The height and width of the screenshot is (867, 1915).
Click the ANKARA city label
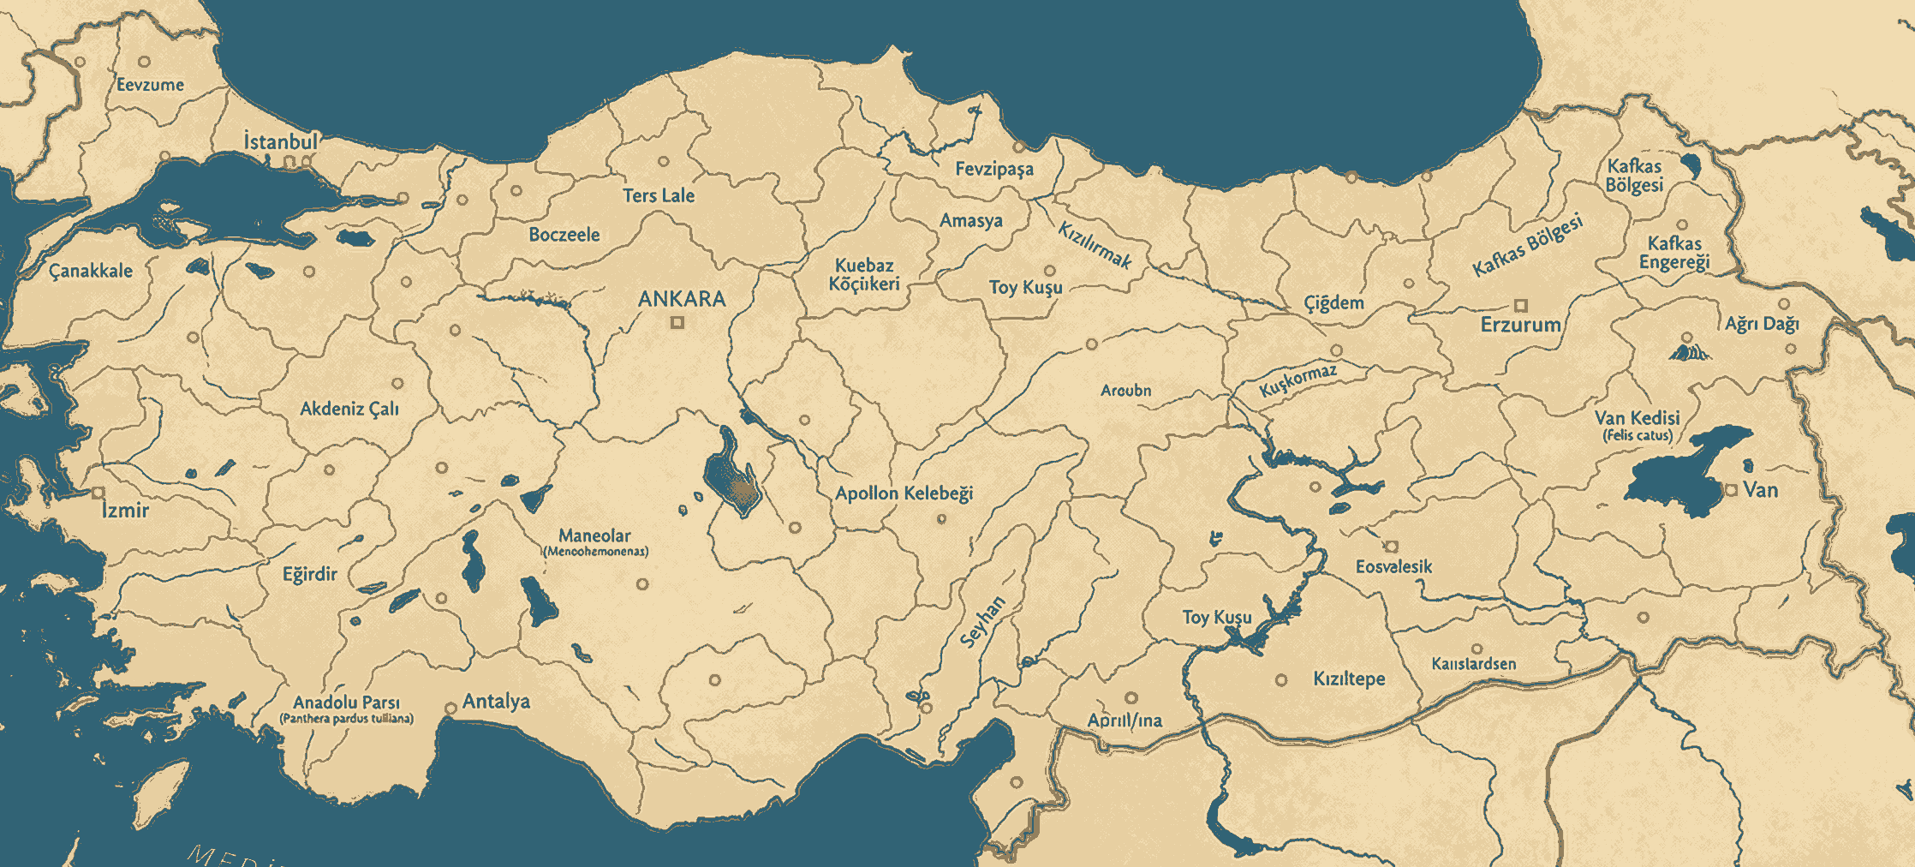pos(682,299)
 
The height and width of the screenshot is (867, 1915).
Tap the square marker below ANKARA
pos(677,323)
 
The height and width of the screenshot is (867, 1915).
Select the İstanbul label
pos(281,141)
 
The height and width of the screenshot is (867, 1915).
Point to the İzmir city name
pos(125,511)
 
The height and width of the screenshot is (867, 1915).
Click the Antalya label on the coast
pos(496,702)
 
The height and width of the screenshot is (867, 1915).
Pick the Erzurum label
pos(1520,325)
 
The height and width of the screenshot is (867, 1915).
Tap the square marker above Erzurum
pos(1521,305)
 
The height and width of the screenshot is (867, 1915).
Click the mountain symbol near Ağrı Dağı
pos(1688,352)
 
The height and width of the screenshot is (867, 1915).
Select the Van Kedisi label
pos(1637,418)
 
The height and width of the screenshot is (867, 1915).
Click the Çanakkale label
pos(91,271)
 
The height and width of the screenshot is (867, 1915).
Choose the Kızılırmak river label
pos(1095,245)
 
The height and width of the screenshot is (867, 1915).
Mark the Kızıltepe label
pos(1349,679)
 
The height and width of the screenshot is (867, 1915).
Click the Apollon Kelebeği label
pos(904,493)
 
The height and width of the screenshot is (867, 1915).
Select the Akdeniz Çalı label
pos(349,409)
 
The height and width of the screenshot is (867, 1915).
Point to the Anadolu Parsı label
pos(346,703)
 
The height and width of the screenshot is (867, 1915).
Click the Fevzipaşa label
pos(994,169)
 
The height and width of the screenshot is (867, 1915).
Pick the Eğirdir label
pos(310,574)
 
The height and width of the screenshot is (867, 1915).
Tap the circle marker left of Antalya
pos(451,709)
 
